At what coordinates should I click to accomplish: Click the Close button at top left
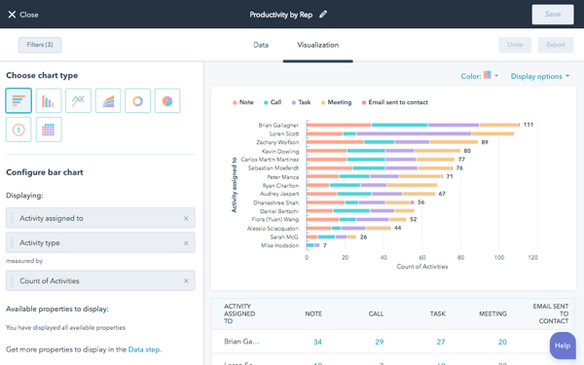(x=23, y=15)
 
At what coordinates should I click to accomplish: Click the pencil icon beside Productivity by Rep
(x=323, y=15)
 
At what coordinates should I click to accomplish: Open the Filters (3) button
(x=40, y=45)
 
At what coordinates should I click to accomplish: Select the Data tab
(x=261, y=45)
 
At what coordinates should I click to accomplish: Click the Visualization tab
(x=317, y=45)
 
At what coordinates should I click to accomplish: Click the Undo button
(x=515, y=45)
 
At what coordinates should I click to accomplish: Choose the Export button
(x=555, y=45)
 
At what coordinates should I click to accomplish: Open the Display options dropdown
(x=540, y=76)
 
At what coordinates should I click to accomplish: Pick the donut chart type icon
(x=137, y=100)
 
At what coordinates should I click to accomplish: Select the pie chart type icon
(x=167, y=100)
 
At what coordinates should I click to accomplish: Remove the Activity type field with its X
(x=186, y=243)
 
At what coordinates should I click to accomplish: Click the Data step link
(x=144, y=349)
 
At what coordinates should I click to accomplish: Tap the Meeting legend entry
(x=337, y=102)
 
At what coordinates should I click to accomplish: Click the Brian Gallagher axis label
(x=279, y=125)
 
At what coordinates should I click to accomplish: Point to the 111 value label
(x=529, y=125)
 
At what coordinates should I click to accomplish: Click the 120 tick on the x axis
(x=532, y=258)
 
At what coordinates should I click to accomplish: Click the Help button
(x=562, y=346)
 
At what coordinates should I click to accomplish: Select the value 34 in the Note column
(x=317, y=342)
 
